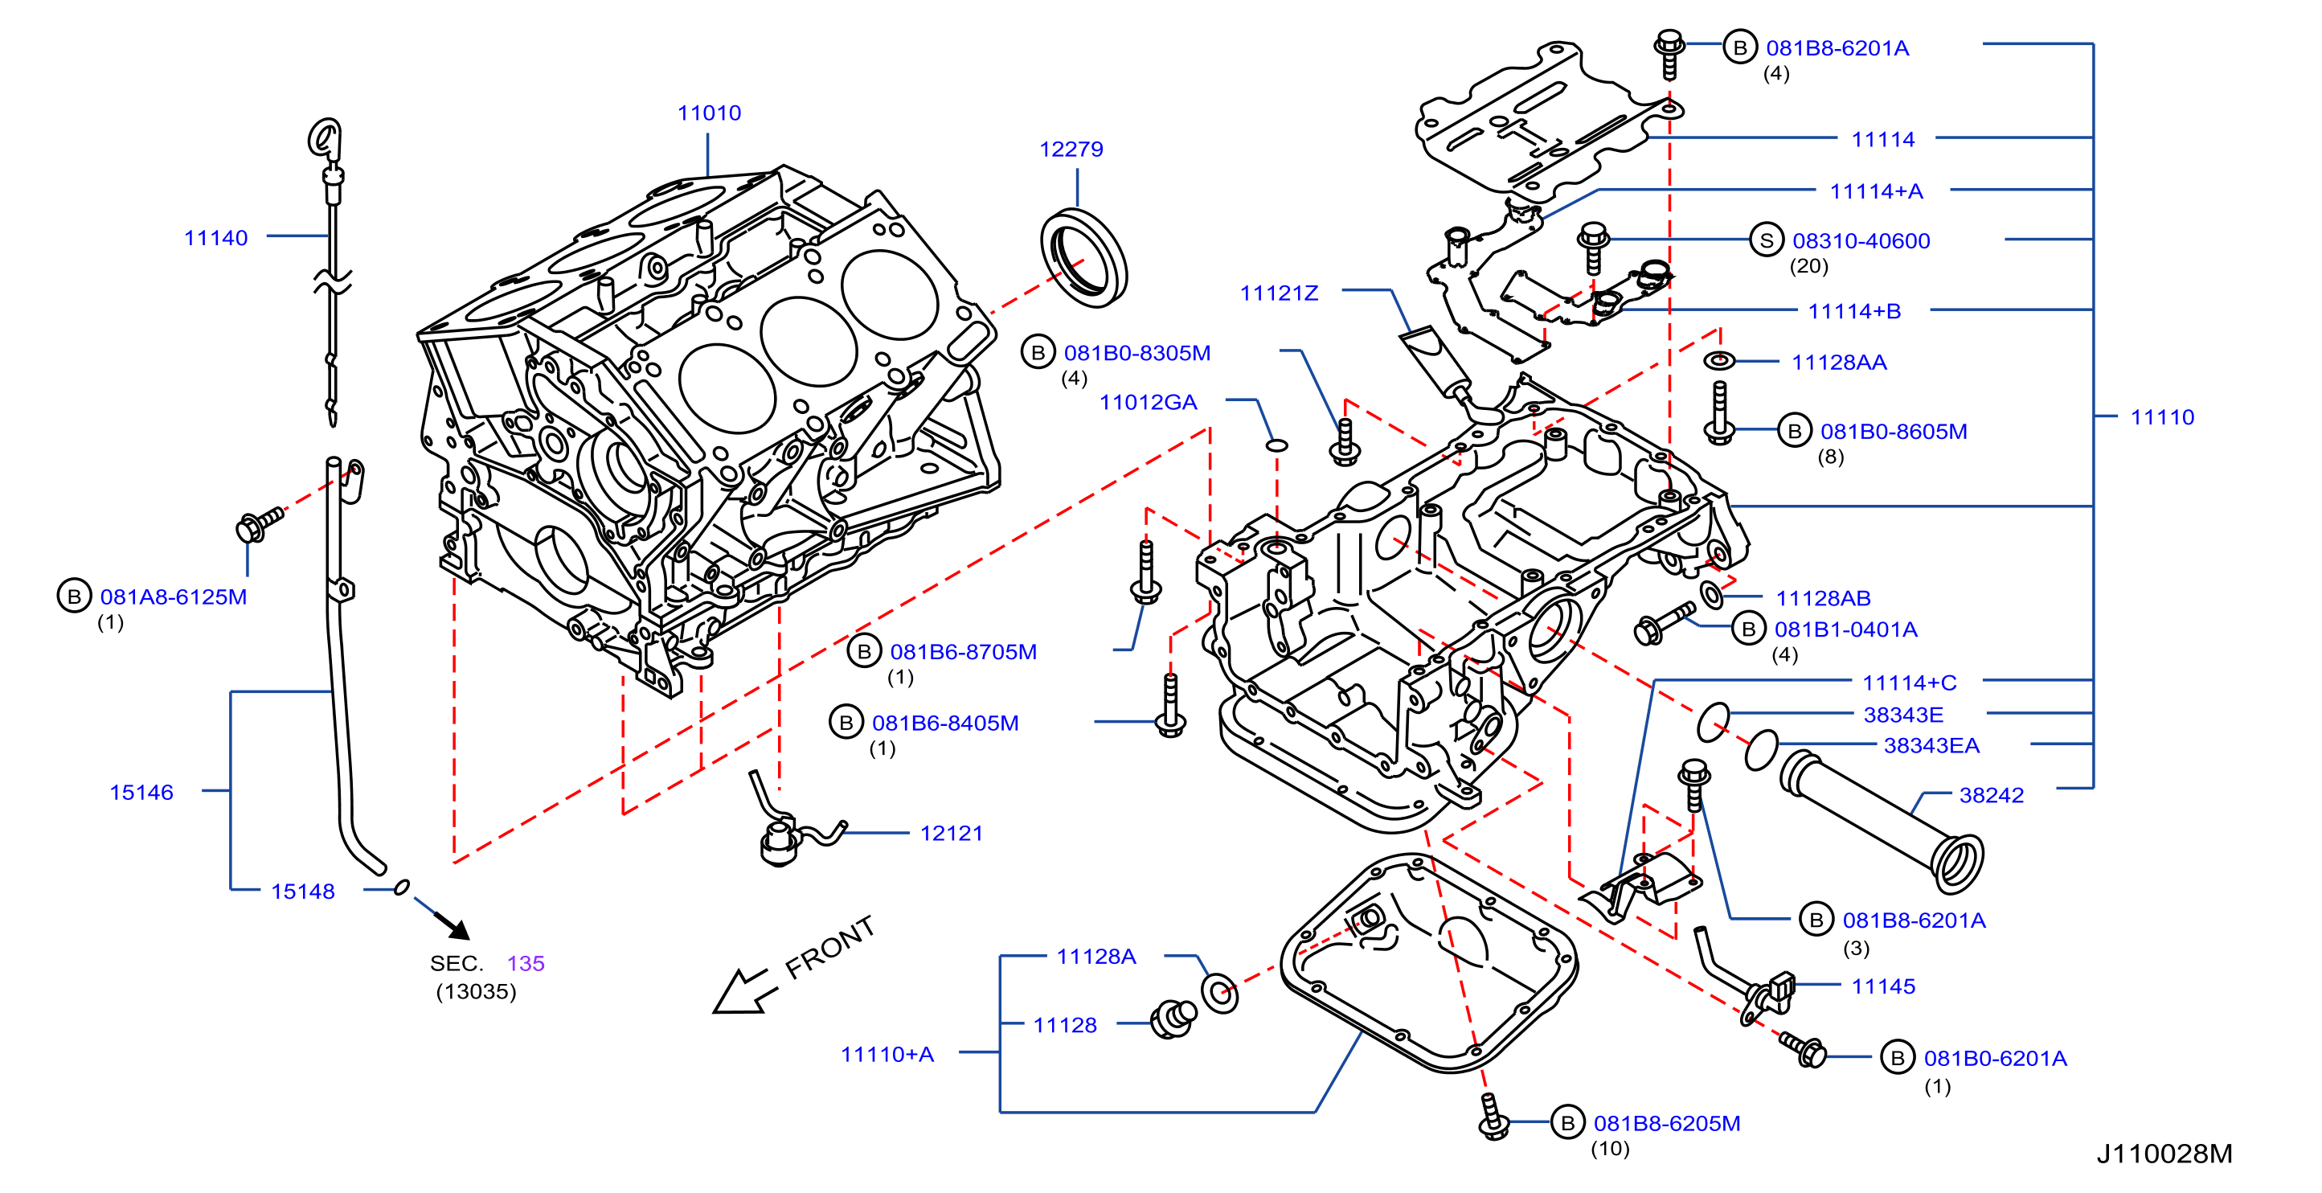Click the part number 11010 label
709,113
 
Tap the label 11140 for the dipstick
215,238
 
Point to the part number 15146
141,793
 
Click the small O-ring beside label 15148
402,888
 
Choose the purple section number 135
526,963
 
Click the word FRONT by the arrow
829,948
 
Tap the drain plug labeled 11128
1173,1020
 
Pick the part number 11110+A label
887,1054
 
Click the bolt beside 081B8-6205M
1493,1117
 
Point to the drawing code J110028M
2164,1154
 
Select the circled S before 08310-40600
1766,240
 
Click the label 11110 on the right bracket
2161,417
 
